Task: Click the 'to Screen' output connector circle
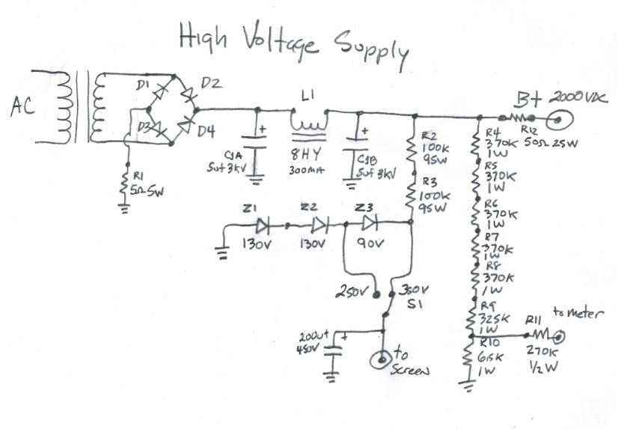385,361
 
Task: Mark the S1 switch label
414,304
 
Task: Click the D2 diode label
211,83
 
